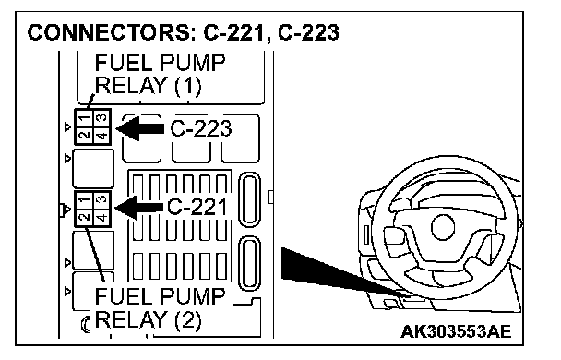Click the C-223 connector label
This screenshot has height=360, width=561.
(201, 129)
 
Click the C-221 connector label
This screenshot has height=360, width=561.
(197, 207)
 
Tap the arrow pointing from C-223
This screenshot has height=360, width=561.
(140, 128)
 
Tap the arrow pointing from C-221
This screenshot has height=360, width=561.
(138, 208)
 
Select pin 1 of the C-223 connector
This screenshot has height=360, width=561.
(84, 117)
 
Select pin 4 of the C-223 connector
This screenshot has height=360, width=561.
(102, 136)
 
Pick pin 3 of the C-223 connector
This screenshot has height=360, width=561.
(102, 118)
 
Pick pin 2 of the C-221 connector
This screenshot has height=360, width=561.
(84, 217)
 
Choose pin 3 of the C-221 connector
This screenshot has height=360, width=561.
(102, 199)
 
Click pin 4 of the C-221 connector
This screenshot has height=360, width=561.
(102, 217)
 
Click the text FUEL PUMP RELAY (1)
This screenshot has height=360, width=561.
(160, 75)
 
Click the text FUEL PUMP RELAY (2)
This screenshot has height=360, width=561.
(160, 308)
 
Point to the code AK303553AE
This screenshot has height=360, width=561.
(456, 331)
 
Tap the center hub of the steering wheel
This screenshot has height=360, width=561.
(443, 227)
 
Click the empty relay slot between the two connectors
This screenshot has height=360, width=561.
(93, 168)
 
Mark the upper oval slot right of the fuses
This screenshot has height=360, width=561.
(249, 199)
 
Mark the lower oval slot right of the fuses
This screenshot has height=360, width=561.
(249, 263)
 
